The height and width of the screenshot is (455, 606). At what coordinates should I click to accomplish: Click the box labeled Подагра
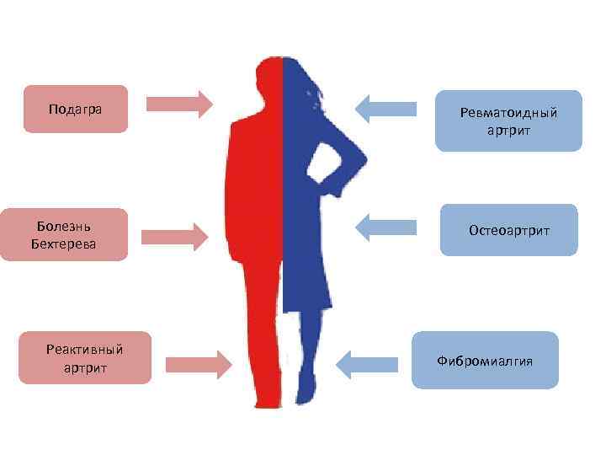click(76, 109)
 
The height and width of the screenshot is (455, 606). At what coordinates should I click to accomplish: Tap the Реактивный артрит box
click(85, 357)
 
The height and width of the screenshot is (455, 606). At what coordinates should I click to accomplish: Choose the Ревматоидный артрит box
click(508, 120)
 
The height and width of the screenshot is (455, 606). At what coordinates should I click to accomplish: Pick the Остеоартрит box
click(508, 229)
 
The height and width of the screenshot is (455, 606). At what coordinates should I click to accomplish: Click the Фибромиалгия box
click(485, 360)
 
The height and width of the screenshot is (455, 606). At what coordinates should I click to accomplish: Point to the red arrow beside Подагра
click(179, 104)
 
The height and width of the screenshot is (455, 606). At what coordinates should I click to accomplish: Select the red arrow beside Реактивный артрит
click(198, 363)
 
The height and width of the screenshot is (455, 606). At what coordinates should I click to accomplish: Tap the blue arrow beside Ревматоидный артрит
click(386, 108)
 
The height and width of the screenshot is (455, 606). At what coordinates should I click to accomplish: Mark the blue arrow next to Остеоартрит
click(386, 226)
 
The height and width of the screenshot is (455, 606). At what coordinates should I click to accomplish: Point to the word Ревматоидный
click(508, 113)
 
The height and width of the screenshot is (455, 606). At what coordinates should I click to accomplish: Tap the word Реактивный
click(85, 349)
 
